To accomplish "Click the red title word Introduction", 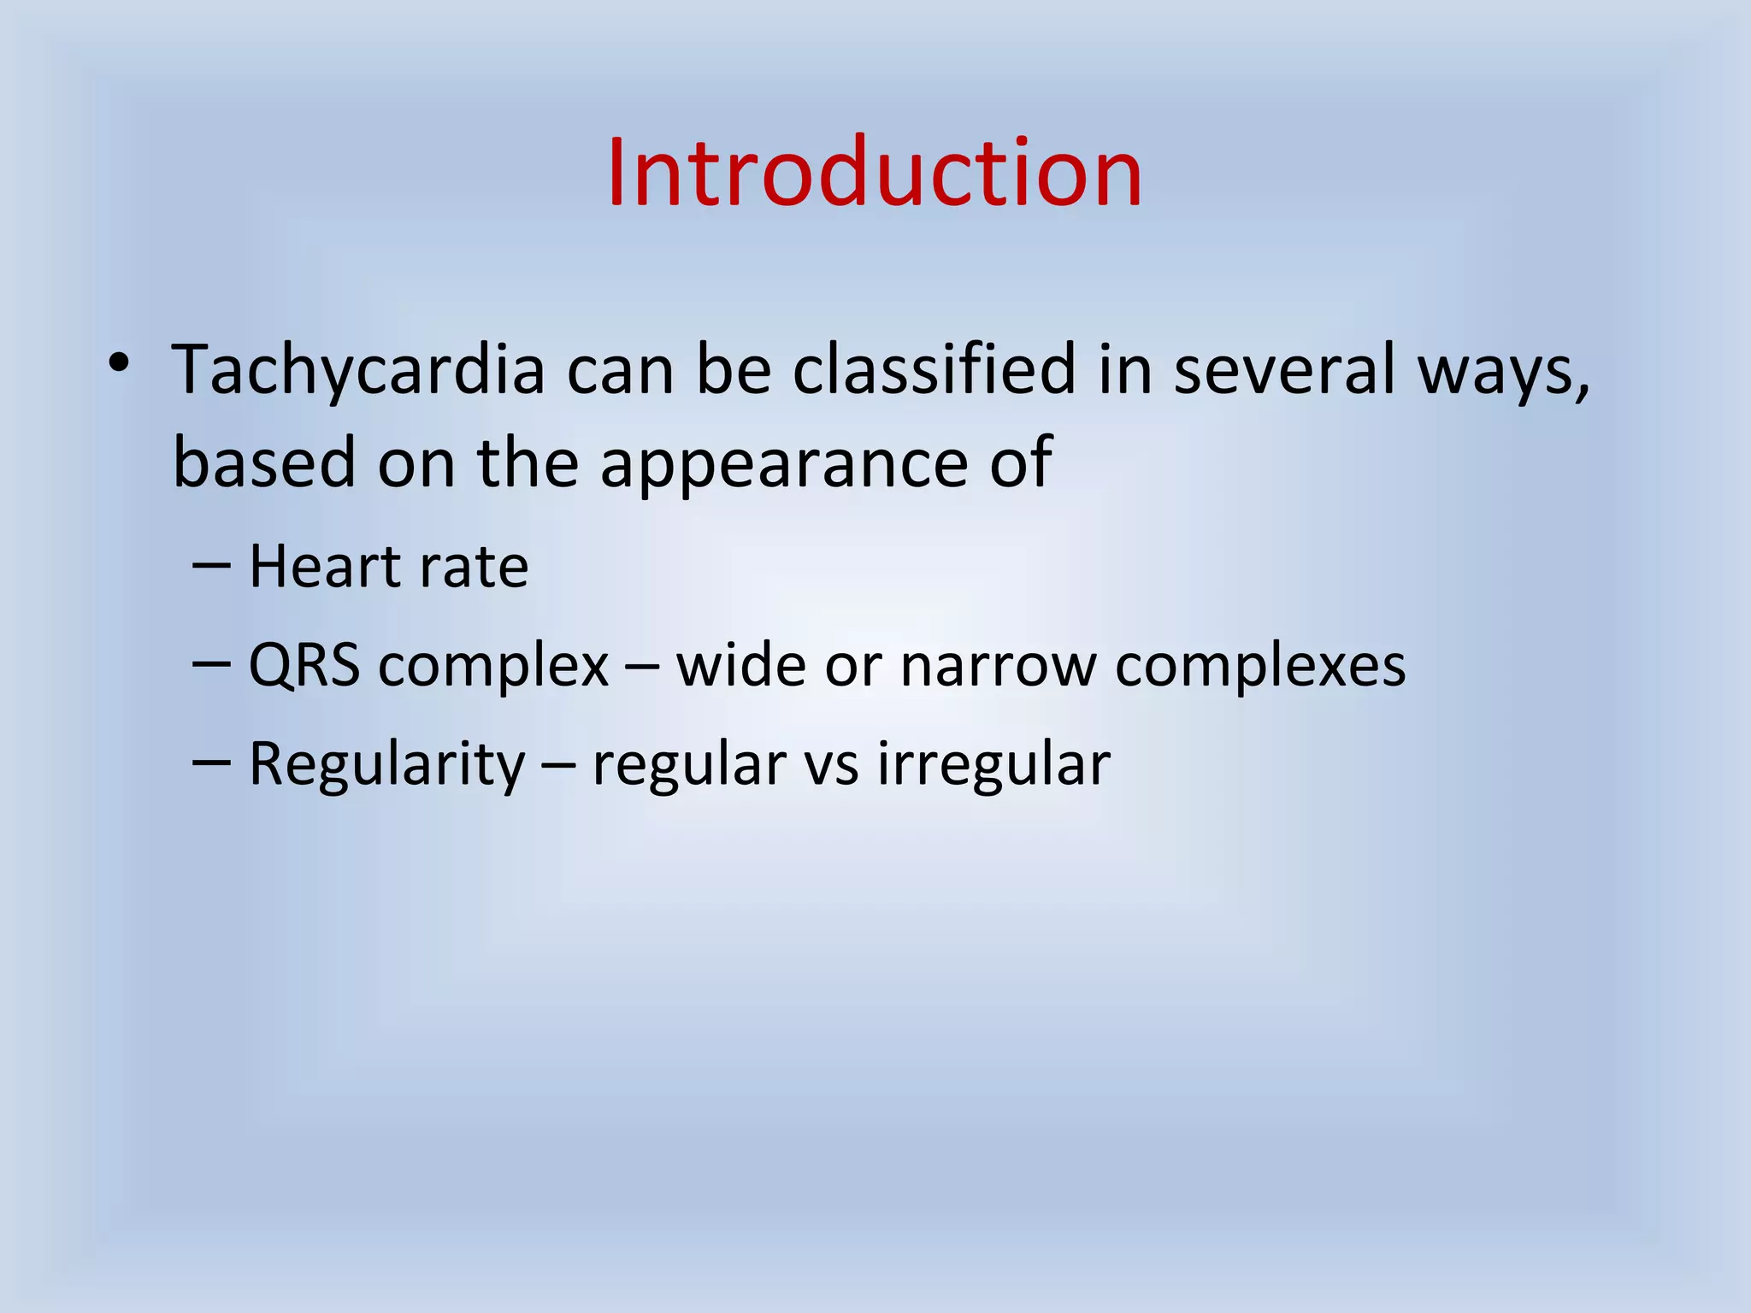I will coord(875,174).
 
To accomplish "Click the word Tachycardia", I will coord(358,370).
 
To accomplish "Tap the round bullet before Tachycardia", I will coord(119,363).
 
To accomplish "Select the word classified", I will coord(934,370).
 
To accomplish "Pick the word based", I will coord(264,462).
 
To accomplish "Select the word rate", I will coord(480,568).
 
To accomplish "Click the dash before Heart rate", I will coord(211,565).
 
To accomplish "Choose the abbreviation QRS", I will coord(304,665).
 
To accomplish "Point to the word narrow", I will coord(998,667).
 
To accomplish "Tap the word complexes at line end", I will coord(1260,667).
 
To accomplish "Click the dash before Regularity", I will coord(211,760).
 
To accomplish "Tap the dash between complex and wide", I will coord(642,665).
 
